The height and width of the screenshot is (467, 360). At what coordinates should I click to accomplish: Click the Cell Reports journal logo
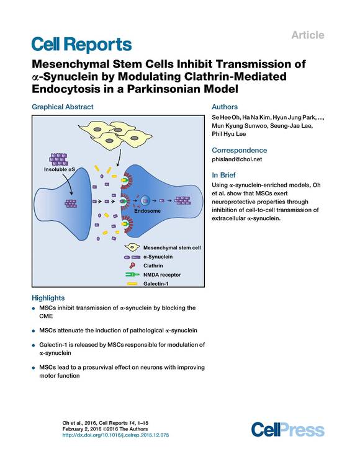[x=81, y=45]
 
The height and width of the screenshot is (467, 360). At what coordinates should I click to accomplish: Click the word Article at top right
[x=308, y=35]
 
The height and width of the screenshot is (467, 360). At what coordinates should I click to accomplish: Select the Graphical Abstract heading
[x=63, y=107]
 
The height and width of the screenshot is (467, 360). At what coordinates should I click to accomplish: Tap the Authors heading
[x=225, y=107]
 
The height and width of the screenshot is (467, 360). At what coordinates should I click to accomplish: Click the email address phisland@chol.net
[x=237, y=159]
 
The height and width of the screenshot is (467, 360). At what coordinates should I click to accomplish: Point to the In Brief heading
[x=223, y=175]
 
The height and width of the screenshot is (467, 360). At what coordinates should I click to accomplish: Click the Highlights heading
[x=48, y=298]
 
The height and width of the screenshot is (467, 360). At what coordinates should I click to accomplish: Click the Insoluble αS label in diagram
[x=60, y=169]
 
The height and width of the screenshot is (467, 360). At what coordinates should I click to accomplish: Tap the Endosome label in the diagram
[x=147, y=211]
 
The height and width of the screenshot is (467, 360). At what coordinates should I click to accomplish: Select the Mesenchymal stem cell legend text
[x=172, y=248]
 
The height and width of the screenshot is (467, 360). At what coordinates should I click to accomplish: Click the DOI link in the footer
[x=115, y=435]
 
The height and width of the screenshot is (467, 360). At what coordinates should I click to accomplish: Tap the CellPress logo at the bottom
[x=287, y=429]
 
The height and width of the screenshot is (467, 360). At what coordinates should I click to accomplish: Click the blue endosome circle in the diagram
[x=145, y=201]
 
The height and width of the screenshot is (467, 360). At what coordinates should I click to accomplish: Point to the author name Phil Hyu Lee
[x=229, y=134]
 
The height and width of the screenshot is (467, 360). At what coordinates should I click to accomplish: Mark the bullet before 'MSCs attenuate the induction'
[x=34, y=331]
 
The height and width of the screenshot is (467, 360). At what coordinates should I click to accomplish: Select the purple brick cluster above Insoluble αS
[x=59, y=159]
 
